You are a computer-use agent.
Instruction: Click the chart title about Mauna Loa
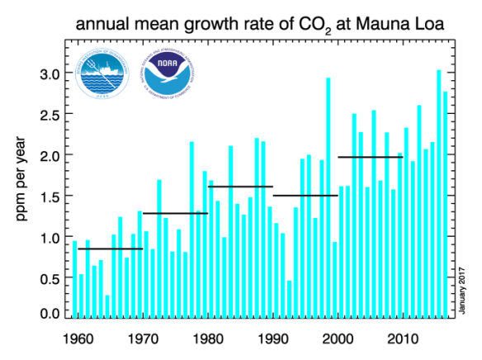(x=262, y=25)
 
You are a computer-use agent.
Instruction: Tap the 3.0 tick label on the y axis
(x=50, y=74)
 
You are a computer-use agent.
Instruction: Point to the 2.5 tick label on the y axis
(x=50, y=115)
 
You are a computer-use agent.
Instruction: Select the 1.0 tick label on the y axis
(x=50, y=238)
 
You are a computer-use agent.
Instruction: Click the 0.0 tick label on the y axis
(x=50, y=313)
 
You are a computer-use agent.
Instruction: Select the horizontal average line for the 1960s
(x=111, y=249)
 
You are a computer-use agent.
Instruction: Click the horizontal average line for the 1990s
(x=305, y=196)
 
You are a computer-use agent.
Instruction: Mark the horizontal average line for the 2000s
(x=371, y=157)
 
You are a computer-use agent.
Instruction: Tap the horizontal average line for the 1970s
(x=175, y=214)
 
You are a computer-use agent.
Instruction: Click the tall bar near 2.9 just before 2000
(x=328, y=198)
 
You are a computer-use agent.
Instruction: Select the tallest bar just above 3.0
(x=438, y=194)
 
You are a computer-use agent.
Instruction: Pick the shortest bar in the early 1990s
(x=290, y=299)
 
